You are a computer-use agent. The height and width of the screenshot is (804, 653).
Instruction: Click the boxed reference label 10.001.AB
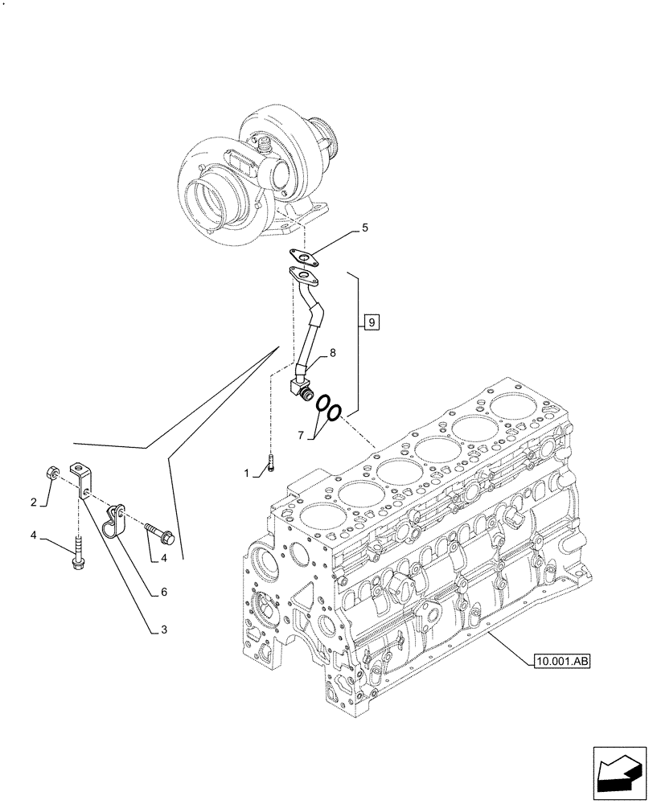tap(561, 662)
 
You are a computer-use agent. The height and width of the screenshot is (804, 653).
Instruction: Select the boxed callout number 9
tap(370, 323)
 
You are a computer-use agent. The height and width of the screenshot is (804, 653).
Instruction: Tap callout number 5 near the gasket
tap(364, 228)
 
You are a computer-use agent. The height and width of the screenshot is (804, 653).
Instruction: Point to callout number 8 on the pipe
tap(331, 351)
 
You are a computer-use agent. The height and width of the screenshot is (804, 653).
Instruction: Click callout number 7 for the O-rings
tap(301, 435)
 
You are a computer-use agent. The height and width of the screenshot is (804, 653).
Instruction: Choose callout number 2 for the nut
tap(34, 503)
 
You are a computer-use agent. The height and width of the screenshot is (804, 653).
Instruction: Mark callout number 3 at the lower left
tap(164, 631)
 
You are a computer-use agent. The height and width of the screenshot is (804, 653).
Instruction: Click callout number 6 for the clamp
tap(164, 591)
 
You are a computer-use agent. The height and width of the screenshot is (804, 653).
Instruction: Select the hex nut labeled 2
tap(51, 473)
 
